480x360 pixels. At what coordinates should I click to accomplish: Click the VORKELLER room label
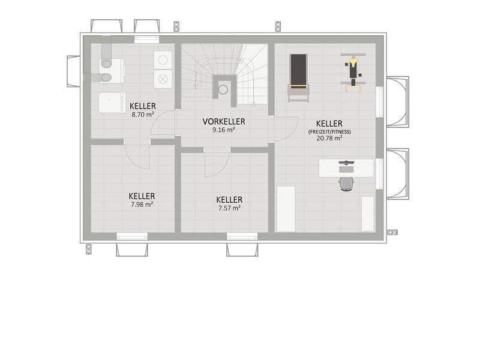(224, 122)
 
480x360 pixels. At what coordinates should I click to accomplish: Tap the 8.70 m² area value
(143, 115)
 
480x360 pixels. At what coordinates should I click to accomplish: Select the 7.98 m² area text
(142, 204)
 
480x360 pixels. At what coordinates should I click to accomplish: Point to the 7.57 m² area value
(229, 208)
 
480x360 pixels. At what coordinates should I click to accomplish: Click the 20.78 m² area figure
(329, 138)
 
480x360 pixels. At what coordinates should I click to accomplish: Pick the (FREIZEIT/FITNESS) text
(329, 132)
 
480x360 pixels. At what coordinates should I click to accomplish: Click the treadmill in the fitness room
(298, 78)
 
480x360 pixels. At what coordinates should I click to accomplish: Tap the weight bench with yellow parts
(353, 73)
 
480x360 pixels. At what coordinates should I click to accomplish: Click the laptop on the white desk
(346, 167)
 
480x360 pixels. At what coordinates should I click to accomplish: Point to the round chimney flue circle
(223, 89)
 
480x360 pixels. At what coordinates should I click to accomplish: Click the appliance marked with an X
(163, 79)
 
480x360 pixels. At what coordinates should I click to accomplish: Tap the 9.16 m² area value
(224, 130)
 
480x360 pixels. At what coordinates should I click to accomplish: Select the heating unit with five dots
(112, 103)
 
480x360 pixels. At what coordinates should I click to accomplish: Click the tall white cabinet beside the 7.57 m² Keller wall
(286, 209)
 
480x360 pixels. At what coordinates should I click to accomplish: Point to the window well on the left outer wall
(74, 71)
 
